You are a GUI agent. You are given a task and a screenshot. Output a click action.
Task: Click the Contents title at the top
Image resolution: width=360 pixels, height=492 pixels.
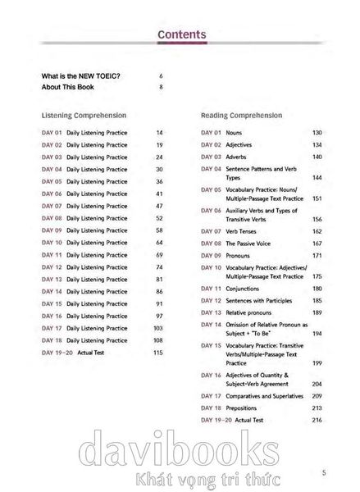tap(180, 34)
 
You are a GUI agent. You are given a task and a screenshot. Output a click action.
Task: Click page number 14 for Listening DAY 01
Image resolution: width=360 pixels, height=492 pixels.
tap(159, 132)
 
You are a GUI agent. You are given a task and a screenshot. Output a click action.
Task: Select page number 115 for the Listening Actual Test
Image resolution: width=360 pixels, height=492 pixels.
tap(159, 352)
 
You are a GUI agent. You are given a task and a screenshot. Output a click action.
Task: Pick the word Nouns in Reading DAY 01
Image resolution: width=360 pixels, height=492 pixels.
tap(235, 132)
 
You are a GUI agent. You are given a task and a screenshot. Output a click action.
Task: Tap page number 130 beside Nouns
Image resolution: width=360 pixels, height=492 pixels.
tap(317, 132)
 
